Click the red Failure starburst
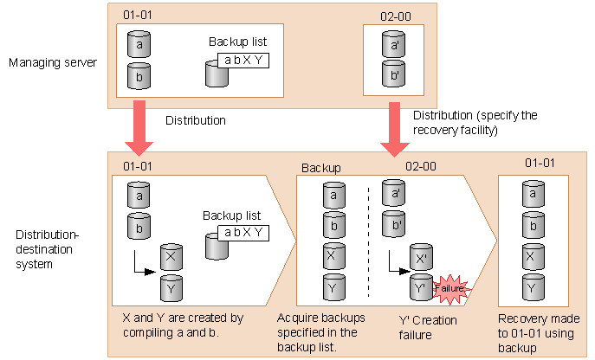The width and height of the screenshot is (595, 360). [448, 287]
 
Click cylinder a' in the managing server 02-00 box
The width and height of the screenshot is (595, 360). [394, 43]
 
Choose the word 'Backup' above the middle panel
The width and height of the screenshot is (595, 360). [320, 166]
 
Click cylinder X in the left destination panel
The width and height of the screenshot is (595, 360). [171, 257]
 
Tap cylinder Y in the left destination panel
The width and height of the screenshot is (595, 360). [171, 286]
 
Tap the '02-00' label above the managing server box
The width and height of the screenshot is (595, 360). [395, 16]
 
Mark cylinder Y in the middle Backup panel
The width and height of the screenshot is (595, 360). [330, 286]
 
